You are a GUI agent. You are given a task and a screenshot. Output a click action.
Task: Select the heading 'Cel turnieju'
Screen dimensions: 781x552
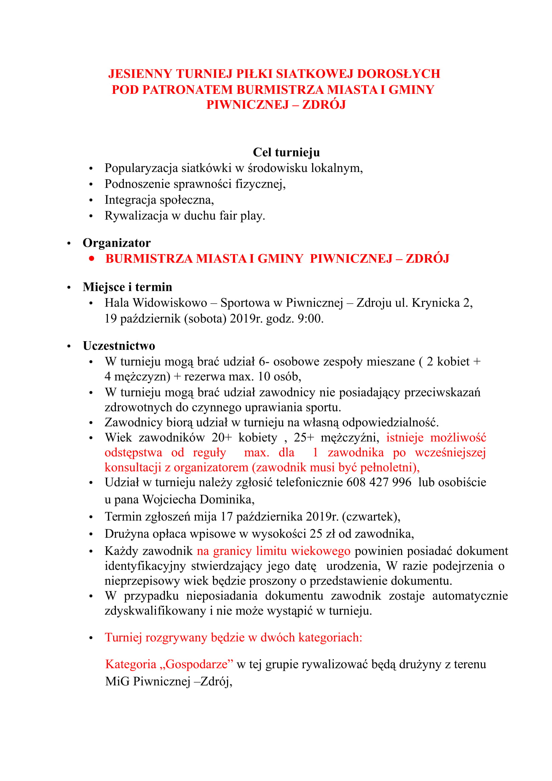click(x=286, y=152)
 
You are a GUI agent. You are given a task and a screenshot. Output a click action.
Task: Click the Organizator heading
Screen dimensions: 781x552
click(x=116, y=243)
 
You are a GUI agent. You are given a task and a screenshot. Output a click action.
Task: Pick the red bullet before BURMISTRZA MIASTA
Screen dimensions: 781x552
click(x=91, y=258)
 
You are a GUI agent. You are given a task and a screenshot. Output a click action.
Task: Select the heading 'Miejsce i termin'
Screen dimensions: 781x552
click(x=127, y=287)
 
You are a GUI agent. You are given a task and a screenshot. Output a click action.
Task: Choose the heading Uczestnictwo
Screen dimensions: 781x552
click(x=119, y=346)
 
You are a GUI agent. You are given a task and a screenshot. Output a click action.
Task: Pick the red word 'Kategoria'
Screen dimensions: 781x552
click(x=131, y=664)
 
